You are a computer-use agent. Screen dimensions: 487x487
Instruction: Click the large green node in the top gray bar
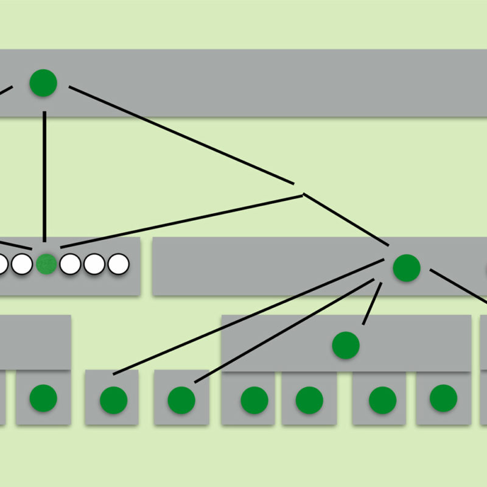click(x=43, y=83)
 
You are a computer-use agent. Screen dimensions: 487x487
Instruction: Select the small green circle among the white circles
click(x=46, y=264)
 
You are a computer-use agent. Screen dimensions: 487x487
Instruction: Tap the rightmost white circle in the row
click(x=119, y=264)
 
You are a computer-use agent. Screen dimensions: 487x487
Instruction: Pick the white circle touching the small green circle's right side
click(x=71, y=264)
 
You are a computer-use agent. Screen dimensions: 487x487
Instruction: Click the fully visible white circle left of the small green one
click(x=22, y=264)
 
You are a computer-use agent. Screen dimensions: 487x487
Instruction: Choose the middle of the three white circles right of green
click(x=95, y=264)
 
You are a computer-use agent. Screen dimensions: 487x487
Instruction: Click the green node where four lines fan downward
click(x=406, y=268)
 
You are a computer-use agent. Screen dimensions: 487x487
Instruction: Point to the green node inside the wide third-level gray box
click(x=346, y=345)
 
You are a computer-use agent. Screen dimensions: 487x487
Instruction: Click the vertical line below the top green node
click(x=44, y=177)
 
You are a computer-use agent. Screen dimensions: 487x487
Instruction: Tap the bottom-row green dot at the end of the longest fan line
click(x=113, y=399)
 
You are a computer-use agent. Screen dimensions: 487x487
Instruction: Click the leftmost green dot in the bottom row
click(x=43, y=398)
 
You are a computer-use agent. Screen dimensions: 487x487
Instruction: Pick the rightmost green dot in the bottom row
click(x=443, y=398)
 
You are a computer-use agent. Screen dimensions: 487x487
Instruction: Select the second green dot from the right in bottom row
click(x=382, y=399)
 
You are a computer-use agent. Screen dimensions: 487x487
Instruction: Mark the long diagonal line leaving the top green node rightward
click(x=183, y=135)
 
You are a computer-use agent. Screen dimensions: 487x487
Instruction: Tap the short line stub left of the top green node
click(x=5, y=92)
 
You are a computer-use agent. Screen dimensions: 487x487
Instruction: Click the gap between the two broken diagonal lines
click(x=299, y=189)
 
